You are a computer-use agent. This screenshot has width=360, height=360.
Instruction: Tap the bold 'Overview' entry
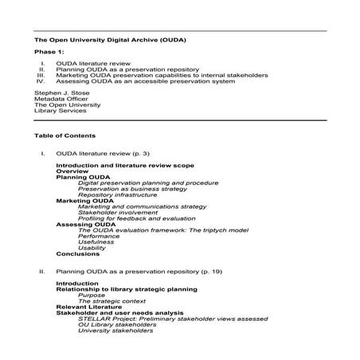click(70, 171)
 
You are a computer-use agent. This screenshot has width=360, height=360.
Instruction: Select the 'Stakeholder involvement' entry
click(116, 213)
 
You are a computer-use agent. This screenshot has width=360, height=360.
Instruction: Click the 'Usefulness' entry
click(96, 242)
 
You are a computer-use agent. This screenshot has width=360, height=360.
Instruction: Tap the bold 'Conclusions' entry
click(77, 254)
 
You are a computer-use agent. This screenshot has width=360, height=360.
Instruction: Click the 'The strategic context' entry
click(108, 301)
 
